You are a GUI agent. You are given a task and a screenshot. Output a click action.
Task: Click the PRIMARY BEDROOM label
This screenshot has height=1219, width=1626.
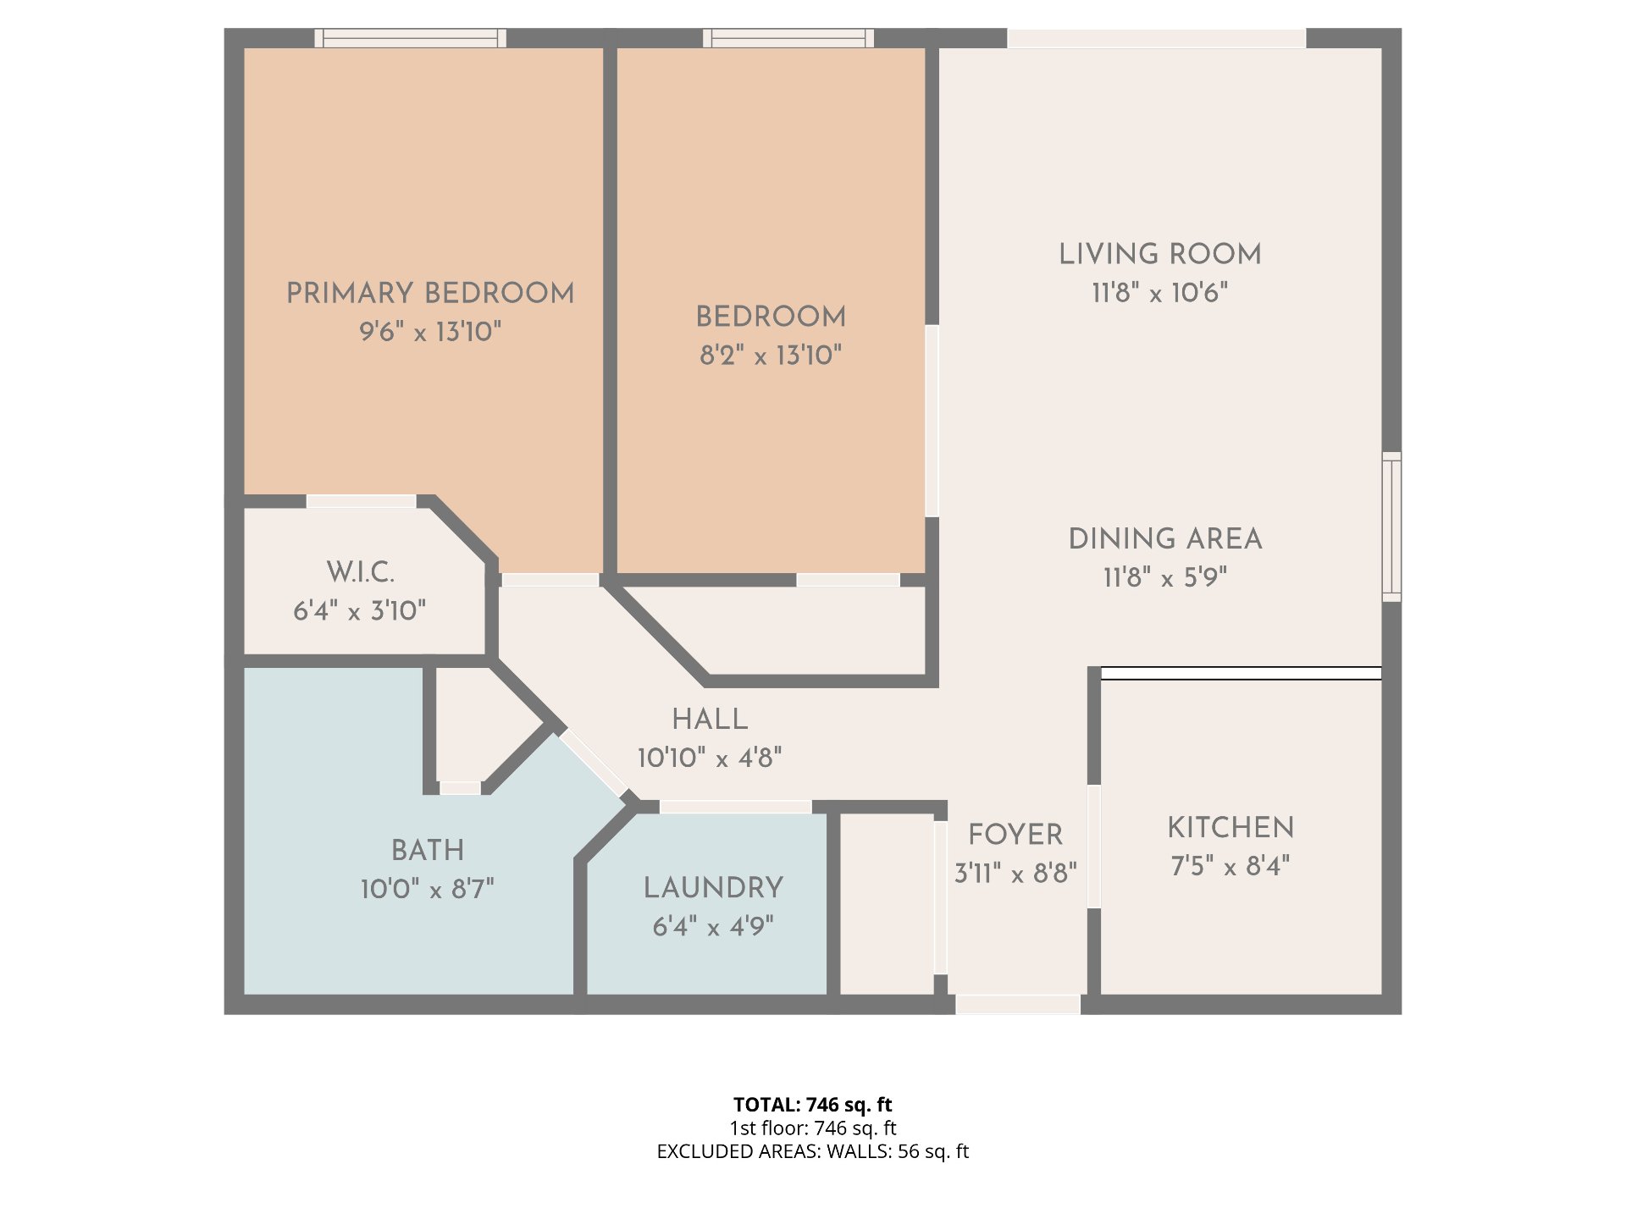coord(430,293)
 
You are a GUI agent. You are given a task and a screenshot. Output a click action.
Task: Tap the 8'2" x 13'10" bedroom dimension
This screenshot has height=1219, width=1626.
coord(771,355)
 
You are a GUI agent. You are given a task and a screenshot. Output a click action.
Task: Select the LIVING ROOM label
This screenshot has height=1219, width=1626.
coord(1160,254)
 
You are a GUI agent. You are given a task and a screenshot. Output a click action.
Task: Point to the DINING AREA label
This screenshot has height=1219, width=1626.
coord(1165,538)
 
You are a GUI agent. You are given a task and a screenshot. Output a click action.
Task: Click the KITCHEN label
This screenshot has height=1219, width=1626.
coord(1231,827)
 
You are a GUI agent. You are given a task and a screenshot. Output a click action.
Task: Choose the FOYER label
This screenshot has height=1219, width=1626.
coord(1015,834)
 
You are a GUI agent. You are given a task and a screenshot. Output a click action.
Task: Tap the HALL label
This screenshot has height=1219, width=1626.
coord(710,719)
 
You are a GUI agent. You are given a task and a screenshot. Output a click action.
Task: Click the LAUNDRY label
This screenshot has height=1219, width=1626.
coord(713,887)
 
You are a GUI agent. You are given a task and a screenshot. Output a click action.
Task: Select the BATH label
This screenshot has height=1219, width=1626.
coord(428,850)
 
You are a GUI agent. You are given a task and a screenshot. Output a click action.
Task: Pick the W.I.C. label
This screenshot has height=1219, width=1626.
coord(361,572)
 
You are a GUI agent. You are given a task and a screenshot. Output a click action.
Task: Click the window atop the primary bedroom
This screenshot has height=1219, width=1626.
coord(411,38)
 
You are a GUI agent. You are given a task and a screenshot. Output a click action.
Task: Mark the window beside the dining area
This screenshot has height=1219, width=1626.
coord(1391,527)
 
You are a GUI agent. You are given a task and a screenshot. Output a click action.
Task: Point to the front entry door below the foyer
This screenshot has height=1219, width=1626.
coord(1018,1004)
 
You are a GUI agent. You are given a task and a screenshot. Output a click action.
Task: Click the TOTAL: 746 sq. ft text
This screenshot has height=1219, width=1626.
coord(813,1105)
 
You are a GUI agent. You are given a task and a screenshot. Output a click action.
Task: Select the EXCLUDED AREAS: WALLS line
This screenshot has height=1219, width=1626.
coord(813,1151)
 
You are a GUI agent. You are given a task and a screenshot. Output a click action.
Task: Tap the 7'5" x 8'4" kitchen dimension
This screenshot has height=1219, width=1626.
coord(1231,866)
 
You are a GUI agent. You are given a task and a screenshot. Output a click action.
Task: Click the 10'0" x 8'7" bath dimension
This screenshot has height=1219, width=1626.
coord(428,889)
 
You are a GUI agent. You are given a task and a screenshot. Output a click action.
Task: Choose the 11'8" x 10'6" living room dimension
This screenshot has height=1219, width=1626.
coord(1160,293)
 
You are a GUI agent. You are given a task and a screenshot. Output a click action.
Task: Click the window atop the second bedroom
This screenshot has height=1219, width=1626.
coord(788,38)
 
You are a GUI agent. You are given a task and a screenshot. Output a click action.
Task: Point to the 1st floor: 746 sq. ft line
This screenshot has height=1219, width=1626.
coord(813,1128)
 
